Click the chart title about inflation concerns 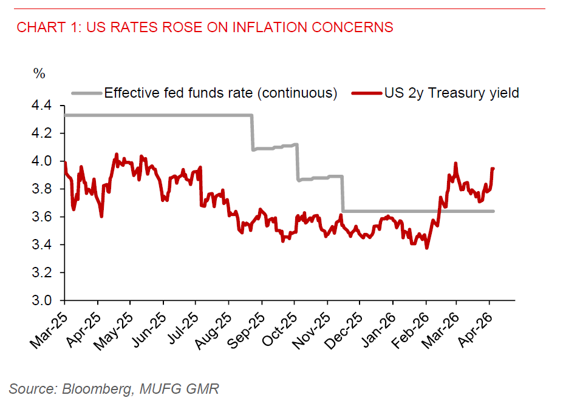click(x=205, y=27)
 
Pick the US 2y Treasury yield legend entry click(x=451, y=93)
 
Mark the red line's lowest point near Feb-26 click(x=426, y=248)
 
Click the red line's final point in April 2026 click(x=493, y=169)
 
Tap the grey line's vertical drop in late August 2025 click(x=253, y=132)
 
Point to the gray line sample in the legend click(x=86, y=93)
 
